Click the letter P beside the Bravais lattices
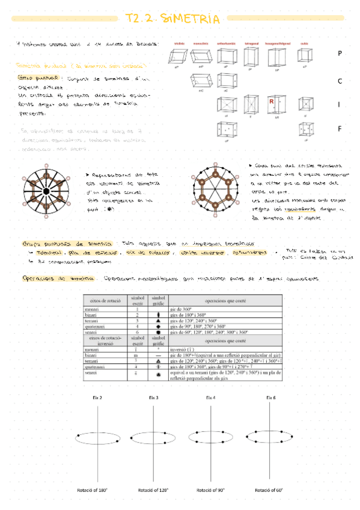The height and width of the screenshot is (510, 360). point(340,54)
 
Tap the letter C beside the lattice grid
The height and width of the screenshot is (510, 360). point(340,80)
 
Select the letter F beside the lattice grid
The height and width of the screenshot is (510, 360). point(340,128)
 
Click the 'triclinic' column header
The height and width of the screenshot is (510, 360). point(180,44)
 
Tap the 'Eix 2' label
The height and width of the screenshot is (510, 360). point(96,398)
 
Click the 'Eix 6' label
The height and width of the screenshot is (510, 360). point(271,398)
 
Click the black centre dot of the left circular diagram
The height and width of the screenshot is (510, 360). point(46,191)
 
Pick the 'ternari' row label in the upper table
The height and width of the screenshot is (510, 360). point(93,321)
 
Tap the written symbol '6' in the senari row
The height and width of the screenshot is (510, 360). point(138,332)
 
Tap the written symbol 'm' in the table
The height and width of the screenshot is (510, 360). point(138,355)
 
